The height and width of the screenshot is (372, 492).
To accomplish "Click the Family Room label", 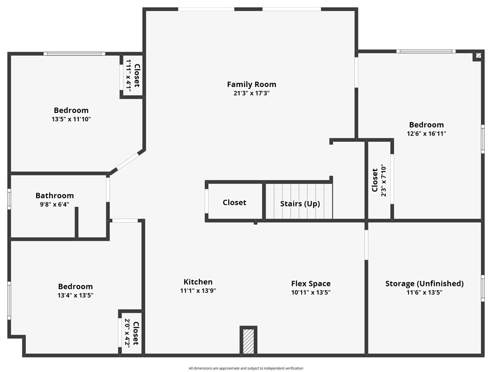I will (251, 85).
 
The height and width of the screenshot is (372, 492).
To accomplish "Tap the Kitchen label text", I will (198, 282).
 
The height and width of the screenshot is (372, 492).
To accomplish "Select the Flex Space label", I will (311, 284).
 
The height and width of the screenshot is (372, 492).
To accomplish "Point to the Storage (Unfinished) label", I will (424, 284).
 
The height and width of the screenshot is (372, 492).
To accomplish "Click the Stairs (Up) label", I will (300, 203).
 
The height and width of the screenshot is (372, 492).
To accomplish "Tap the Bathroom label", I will (55, 196).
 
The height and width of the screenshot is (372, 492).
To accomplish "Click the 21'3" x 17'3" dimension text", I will (251, 93).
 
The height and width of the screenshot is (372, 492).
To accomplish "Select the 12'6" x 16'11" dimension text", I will (426, 134).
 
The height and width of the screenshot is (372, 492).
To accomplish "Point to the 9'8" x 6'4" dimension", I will (55, 204).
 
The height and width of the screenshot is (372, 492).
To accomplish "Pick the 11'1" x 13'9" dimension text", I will (198, 291).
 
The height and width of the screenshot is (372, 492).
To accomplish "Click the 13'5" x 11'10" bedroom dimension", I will (71, 119).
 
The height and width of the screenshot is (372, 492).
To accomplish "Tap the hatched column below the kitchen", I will (248, 340).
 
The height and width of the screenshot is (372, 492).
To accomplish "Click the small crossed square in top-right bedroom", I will (478, 56).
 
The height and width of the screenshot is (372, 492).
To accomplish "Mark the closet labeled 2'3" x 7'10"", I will (379, 180).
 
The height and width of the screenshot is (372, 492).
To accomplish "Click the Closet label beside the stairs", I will (234, 203).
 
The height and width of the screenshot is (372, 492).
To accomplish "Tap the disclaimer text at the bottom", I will (246, 368).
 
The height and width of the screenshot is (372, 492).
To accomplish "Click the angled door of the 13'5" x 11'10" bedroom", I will (127, 161).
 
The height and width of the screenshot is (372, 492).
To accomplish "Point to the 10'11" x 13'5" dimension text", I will (311, 292).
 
